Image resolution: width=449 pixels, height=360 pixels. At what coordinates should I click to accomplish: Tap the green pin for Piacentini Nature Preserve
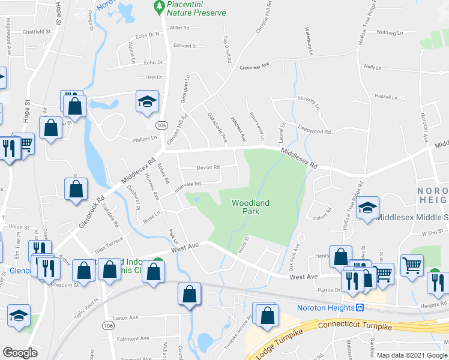tap(159, 7)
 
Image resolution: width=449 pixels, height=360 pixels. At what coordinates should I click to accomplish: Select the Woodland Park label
tap(251, 208)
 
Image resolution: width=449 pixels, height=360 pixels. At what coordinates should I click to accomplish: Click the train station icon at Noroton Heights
tap(360, 308)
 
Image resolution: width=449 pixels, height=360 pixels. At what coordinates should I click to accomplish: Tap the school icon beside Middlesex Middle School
tap(368, 208)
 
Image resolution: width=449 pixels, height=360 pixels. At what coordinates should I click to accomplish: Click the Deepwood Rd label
tap(315, 131)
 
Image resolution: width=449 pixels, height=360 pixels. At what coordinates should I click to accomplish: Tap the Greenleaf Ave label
tap(255, 67)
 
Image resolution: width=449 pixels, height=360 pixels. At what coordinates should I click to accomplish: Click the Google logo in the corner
tap(20, 353)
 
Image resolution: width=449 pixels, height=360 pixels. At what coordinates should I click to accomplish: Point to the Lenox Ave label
tap(126, 317)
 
